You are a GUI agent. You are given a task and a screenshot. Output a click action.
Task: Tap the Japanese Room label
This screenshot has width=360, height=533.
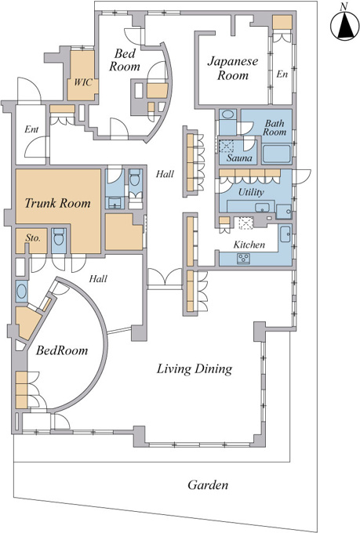click(233, 68)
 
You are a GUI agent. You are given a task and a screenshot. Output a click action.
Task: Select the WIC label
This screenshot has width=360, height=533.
click(83, 82)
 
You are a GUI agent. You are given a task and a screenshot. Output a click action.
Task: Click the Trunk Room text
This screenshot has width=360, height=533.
click(58, 203)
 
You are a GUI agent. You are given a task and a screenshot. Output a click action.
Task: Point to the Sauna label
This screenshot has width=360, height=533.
click(239, 158)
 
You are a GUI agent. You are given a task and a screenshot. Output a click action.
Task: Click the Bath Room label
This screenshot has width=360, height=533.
click(275, 128)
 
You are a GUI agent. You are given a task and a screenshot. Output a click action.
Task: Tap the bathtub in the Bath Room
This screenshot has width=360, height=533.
click(277, 154)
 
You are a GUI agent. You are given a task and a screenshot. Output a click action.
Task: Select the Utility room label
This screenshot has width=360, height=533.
click(251, 192)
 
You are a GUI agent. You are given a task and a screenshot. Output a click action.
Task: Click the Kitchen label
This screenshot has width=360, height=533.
click(249, 245)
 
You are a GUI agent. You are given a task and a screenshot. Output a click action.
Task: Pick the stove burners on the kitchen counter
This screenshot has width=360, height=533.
click(244, 259)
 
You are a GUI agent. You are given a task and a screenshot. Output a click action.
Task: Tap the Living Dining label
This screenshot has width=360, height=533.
click(195, 369)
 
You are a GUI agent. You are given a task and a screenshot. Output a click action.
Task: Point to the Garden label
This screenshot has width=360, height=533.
click(208, 484)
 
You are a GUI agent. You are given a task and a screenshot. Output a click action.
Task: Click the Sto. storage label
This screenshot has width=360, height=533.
click(33, 238)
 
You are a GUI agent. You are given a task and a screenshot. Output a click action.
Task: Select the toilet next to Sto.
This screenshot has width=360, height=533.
click(59, 237)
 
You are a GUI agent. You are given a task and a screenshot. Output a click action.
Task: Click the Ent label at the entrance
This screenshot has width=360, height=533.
click(31, 129)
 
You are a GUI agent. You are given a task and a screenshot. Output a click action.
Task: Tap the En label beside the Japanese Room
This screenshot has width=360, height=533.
click(282, 74)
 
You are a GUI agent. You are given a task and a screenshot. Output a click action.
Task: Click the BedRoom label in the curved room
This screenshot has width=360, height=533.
click(62, 350)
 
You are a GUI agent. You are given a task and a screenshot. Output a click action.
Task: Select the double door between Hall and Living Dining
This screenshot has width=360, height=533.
click(165, 277)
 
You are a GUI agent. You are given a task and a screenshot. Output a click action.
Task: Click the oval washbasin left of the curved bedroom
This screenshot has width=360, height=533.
click(21, 292)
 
